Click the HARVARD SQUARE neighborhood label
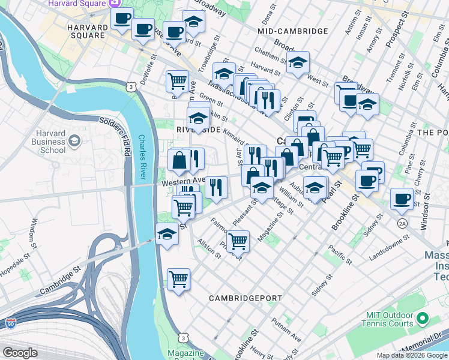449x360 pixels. coord(86,31)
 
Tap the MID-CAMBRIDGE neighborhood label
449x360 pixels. coord(292,31)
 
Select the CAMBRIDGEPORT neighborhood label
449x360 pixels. coord(241,298)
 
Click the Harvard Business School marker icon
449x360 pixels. coord(74,142)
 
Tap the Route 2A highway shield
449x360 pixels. coord(402,223)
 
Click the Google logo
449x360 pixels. coord(20,353)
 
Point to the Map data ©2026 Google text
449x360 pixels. coord(412,355)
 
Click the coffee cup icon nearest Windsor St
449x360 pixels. coord(402,199)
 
